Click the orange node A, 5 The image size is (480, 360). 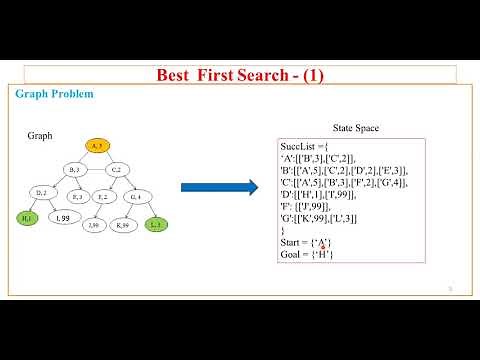(97, 146)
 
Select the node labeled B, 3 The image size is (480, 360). (75, 170)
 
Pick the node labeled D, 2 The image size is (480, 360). (41, 192)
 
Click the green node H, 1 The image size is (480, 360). (27, 217)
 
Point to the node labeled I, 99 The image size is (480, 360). (62, 217)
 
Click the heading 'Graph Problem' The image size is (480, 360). (55, 94)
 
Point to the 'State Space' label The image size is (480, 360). (355, 129)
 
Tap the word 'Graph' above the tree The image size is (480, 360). (40, 135)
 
